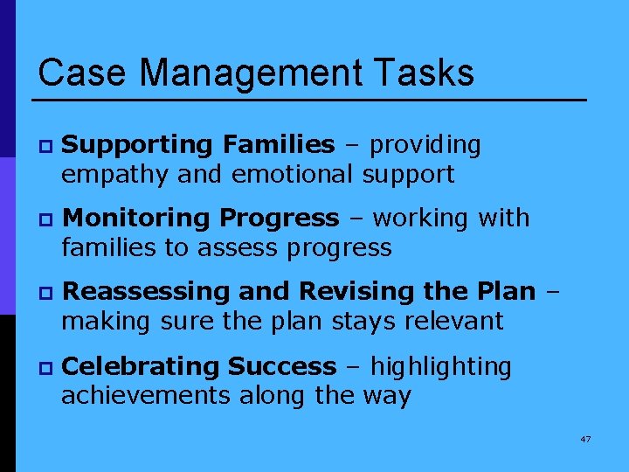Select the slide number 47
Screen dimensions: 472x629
coord(584,439)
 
